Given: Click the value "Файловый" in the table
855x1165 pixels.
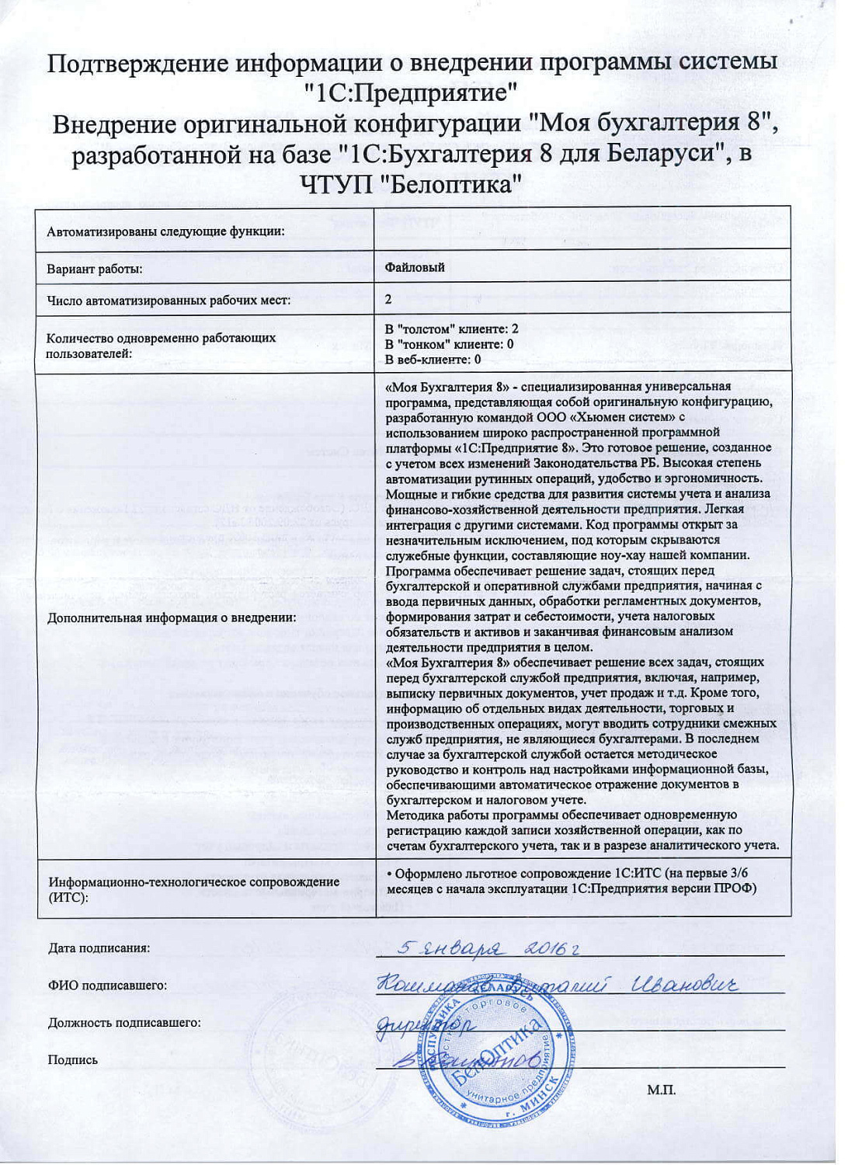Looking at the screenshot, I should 415,267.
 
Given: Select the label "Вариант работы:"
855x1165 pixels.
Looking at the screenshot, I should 95,270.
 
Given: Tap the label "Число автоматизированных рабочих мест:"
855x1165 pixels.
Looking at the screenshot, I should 169,301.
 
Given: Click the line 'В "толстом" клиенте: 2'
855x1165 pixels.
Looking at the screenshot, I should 451,329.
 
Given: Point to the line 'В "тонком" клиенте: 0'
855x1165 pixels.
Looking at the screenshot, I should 449,344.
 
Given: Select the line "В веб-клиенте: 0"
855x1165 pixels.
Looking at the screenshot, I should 433,359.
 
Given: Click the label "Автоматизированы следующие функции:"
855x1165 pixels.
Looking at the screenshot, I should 165,231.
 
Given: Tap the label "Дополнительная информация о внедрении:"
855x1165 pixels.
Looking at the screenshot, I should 172,618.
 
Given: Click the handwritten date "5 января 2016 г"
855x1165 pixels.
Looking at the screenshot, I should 488,948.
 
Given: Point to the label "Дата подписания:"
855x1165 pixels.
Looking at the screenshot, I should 99,948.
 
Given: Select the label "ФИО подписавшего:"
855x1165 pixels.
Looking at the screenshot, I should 107,986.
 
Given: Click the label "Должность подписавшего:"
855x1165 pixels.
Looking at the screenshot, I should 124,1023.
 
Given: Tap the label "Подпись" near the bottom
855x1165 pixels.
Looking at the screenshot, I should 73,1060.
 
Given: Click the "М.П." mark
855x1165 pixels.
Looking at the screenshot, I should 661,1090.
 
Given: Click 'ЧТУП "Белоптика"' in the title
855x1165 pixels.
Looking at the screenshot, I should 410,185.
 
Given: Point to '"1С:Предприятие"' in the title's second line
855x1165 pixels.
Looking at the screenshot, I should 412,93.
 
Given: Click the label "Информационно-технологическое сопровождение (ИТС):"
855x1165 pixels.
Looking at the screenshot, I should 194,889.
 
